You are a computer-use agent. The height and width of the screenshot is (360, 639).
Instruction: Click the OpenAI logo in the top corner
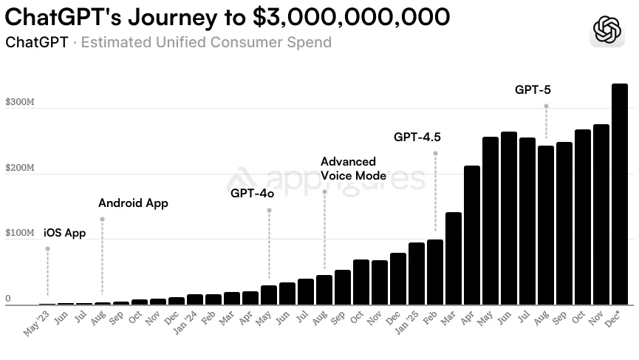tap(608, 30)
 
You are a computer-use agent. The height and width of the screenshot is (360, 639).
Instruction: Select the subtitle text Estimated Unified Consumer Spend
tap(206, 42)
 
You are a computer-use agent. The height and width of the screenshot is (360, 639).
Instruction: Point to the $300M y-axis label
tap(20, 102)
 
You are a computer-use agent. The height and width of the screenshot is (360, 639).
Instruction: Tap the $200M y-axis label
tap(20, 168)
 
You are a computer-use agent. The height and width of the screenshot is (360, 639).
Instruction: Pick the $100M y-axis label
tap(20, 233)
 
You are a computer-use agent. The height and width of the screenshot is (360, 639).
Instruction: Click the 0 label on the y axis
tap(8, 299)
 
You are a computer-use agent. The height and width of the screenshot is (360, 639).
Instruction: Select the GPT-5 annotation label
tap(533, 90)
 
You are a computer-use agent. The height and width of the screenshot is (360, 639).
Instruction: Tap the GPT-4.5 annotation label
tap(417, 137)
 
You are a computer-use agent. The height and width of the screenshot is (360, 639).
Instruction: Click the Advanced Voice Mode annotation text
tap(353, 169)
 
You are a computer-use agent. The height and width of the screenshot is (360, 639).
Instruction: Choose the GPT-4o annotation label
tap(252, 194)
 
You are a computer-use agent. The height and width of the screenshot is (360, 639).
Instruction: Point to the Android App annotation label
tap(133, 203)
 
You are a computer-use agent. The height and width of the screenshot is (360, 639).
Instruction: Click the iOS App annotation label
tap(65, 233)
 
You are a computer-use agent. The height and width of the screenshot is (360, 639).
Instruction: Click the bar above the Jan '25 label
tap(417, 274)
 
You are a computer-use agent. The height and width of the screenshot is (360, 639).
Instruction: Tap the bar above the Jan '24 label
tap(195, 299)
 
